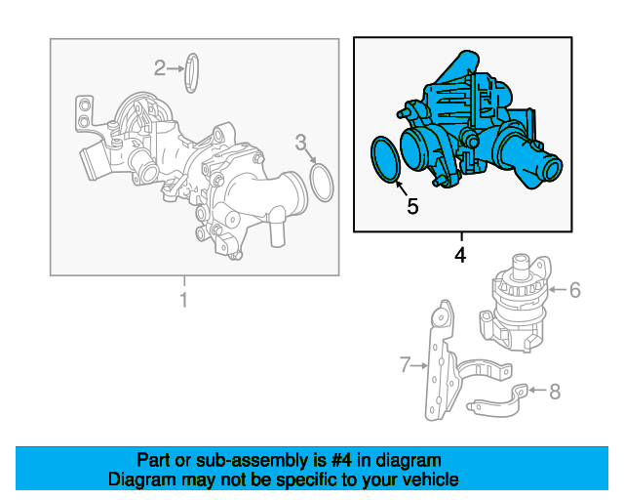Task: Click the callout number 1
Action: pyautogui.click(x=183, y=301)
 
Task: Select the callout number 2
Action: pyautogui.click(x=160, y=67)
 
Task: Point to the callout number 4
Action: pyautogui.click(x=460, y=255)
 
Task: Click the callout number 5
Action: pyautogui.click(x=411, y=206)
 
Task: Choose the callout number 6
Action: pyautogui.click(x=574, y=289)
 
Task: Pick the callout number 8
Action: pyautogui.click(x=555, y=392)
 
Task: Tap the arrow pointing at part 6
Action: pyautogui.click(x=557, y=289)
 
